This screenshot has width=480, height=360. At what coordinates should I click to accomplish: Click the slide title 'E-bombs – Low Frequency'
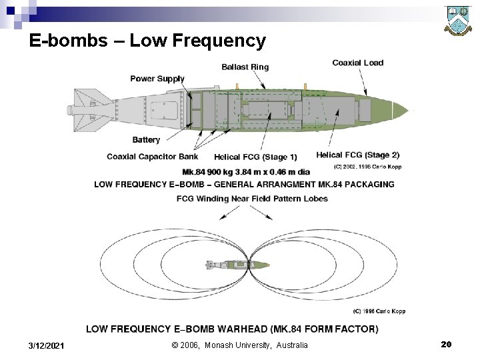pos(147,41)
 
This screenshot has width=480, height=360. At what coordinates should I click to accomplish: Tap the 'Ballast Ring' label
pos(245,67)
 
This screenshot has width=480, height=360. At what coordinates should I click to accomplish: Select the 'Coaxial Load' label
pos(358,63)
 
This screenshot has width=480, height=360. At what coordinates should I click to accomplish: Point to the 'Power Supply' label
pos(157,79)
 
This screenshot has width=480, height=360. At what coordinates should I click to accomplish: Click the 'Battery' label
pos(146,140)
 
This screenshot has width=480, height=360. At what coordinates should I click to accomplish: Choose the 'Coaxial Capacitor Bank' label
pos(152,157)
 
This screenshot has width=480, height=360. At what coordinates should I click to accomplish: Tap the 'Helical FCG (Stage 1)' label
pos(255,157)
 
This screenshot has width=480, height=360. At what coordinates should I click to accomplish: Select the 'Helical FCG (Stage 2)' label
pos(357,155)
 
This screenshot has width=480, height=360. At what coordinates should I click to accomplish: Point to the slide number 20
pos(446,344)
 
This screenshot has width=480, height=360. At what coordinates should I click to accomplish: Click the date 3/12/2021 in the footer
pos(47,345)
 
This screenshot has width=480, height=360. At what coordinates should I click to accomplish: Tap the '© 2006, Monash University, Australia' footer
pos(239,345)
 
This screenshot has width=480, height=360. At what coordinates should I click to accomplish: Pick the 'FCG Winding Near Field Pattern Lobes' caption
pos(252,199)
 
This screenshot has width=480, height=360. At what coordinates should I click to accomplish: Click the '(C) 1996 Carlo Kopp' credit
pos(379,311)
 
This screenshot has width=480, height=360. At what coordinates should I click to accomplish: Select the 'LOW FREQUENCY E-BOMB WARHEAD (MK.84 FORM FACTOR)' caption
pos(232,329)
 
